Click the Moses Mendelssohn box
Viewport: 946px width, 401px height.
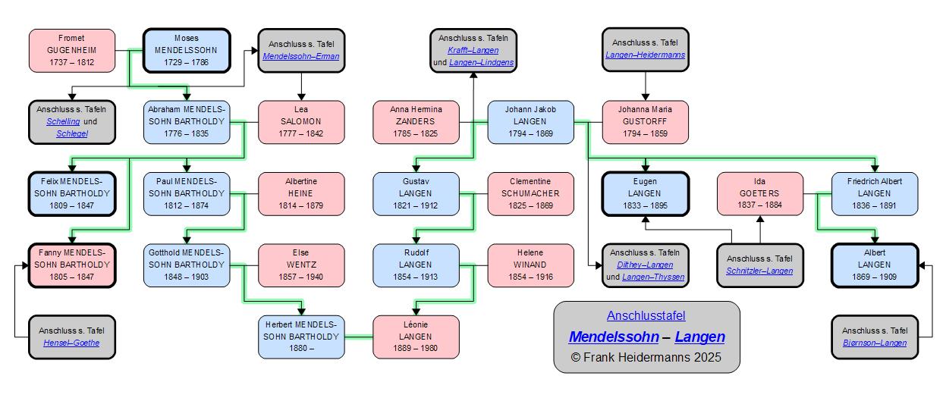[x=187, y=50]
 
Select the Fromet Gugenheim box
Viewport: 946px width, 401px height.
[x=72, y=50]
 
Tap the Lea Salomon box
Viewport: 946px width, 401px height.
[x=301, y=122]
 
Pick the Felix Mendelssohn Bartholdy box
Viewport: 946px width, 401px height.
[x=72, y=193]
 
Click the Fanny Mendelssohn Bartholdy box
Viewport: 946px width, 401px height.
[x=72, y=265]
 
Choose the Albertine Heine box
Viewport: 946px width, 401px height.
[x=301, y=193]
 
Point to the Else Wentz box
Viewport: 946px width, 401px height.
[x=301, y=265]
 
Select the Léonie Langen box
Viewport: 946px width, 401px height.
[x=416, y=337]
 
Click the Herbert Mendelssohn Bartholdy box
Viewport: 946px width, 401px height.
[x=301, y=337]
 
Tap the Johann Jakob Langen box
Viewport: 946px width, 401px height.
[x=530, y=122]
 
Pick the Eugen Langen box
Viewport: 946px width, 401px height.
[x=645, y=193]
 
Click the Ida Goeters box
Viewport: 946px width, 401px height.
[x=759, y=193]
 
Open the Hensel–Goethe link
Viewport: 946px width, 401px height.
[x=72, y=343]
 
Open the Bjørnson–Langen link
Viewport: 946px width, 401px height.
[x=875, y=343]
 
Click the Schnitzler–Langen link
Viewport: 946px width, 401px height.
[x=759, y=271]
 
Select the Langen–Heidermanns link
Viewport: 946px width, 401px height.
[x=645, y=55]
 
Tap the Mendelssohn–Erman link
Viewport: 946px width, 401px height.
[x=301, y=56]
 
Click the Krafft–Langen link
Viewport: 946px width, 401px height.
[x=473, y=50]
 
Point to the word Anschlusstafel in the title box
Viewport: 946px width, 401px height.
[x=646, y=315]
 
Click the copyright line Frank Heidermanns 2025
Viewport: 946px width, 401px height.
[x=646, y=357]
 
